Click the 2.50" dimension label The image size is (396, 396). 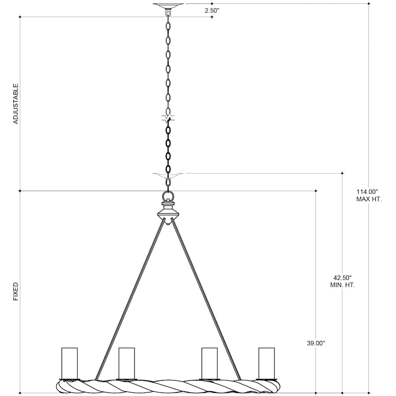212,11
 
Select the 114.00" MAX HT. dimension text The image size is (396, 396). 369,195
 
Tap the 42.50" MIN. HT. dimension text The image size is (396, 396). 342,281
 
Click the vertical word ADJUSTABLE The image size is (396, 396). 16,103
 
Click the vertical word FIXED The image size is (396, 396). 16,291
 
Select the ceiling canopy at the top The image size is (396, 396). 168,6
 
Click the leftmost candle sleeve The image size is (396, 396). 70,363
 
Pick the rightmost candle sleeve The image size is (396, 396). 266,363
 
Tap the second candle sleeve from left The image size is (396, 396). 127,363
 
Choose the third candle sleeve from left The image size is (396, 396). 209,363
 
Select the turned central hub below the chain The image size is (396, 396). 168,213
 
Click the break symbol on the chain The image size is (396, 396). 168,118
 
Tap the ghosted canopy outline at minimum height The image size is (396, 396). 168,176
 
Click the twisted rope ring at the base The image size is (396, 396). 168,386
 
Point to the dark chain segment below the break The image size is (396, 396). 168,145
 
